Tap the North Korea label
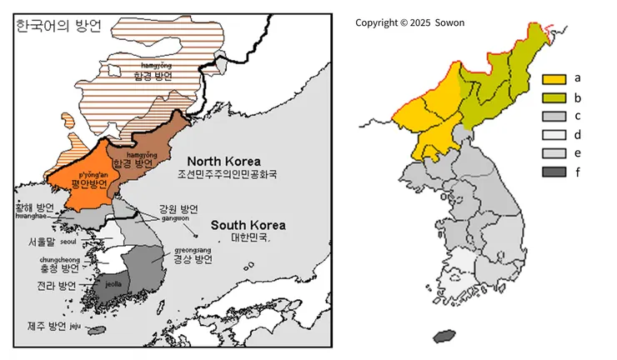[223, 161]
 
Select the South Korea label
[248, 225]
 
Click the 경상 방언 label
[193, 258]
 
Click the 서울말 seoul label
[47, 242]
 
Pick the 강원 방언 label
[178, 209]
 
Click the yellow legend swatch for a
[554, 80]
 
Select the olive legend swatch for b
[554, 97]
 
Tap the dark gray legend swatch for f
[554, 172]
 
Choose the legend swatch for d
[554, 134]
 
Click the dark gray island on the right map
[445, 336]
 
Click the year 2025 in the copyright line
[417, 22]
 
